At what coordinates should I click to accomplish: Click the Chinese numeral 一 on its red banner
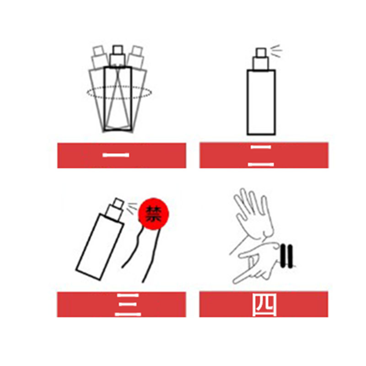tap(116, 155)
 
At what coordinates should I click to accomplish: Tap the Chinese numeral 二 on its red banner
tap(261, 156)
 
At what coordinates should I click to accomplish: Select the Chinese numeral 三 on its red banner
tap(128, 305)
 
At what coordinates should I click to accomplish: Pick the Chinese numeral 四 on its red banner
tap(264, 305)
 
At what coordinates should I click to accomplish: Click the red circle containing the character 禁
tap(153, 214)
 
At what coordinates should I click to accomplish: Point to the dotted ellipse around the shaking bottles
tap(119, 86)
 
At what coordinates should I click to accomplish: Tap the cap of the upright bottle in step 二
tap(261, 59)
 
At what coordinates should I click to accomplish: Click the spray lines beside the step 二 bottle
tap(276, 51)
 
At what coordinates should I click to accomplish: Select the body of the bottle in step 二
tap(261, 102)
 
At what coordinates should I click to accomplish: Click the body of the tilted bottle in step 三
tap(100, 247)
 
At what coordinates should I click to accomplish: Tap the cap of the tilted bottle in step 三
tap(115, 209)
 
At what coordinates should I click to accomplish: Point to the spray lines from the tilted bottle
tap(132, 207)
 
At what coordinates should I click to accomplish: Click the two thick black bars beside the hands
tap(286, 256)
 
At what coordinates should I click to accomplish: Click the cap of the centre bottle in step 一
tap(118, 56)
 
